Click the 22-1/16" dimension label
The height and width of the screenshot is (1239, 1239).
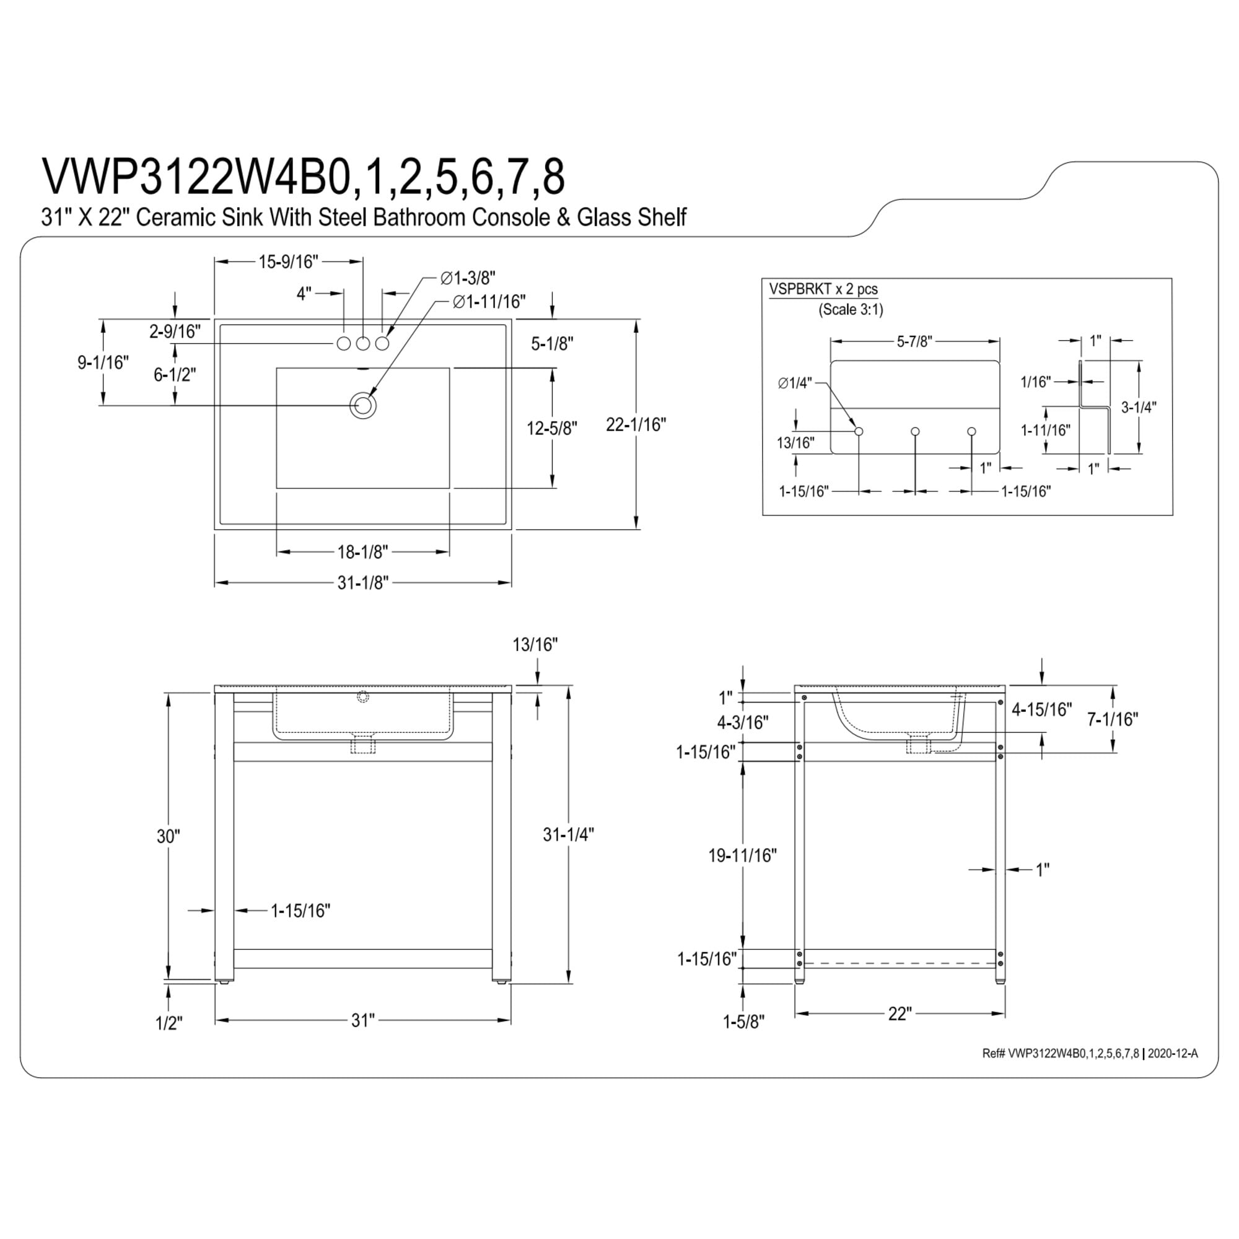pos(636,424)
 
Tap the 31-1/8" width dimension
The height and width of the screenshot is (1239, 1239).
pos(363,583)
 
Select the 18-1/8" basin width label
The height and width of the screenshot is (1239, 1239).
pos(363,551)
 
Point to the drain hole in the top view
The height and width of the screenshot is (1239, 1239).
pos(363,405)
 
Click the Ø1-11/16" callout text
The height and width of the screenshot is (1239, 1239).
pos(489,302)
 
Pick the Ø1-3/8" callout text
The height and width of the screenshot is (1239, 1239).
pos(468,278)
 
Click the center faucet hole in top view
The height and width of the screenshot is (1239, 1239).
pos(363,344)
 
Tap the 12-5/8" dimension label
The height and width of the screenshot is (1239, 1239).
pos(552,427)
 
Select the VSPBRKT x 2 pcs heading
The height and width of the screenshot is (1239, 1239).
pos(823,289)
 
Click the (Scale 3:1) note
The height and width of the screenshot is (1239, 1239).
pos(851,310)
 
